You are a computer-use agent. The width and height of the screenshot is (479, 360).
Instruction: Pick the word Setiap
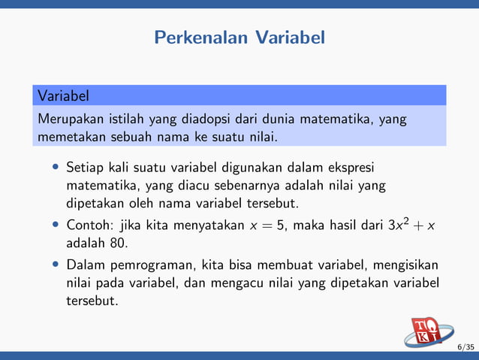coord(86,166)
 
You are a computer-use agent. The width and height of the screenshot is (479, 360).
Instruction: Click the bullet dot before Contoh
coord(56,225)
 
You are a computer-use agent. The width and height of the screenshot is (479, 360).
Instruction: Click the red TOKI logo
coord(428,332)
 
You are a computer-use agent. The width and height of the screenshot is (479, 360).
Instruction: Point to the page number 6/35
coord(465,347)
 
